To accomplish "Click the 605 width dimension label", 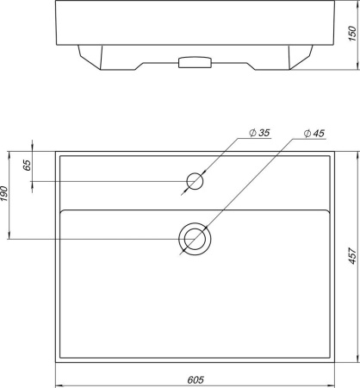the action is pyautogui.click(x=196, y=379).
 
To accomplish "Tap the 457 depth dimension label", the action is pyautogui.click(x=352, y=255).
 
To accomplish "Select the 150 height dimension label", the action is pyautogui.click(x=352, y=34).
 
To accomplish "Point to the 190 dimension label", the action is pyautogui.click(x=3, y=194).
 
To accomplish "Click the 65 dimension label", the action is pyautogui.click(x=27, y=165).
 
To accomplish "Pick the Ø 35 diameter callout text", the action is pyautogui.click(x=260, y=133).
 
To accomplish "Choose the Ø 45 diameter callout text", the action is pyautogui.click(x=314, y=134).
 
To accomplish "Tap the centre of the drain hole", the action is pyautogui.click(x=195, y=239).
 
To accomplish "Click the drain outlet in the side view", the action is pyautogui.click(x=195, y=62).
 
